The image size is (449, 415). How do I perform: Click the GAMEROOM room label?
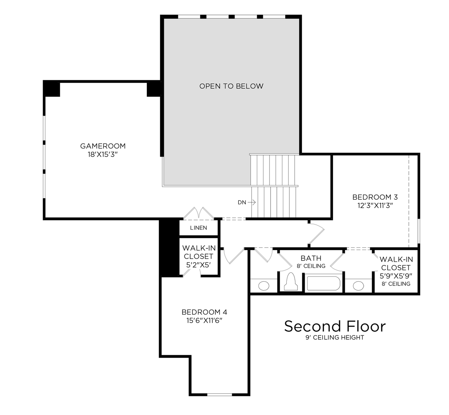103,146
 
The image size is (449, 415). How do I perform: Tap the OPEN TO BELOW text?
231,86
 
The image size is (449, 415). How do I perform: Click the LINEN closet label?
198,228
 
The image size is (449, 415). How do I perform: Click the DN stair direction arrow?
251,202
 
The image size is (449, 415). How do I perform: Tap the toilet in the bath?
291,282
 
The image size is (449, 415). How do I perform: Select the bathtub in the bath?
323,284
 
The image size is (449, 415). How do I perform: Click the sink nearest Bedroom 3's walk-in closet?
358,286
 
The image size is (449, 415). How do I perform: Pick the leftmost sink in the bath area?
264,286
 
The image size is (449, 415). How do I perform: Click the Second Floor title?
334,326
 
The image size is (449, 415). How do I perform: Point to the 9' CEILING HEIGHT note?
334,338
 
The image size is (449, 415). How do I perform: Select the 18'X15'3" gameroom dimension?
103,154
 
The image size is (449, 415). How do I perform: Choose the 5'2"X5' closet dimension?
199,265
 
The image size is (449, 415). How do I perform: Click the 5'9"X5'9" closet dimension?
396,276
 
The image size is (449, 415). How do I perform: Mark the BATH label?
311,258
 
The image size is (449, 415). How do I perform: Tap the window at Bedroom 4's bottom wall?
220,394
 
